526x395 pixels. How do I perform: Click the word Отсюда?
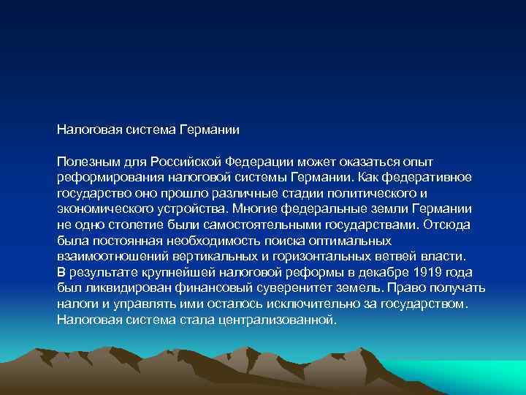pos(451,225)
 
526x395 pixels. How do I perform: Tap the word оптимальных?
pos(346,241)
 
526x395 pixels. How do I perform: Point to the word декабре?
pos(368,272)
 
